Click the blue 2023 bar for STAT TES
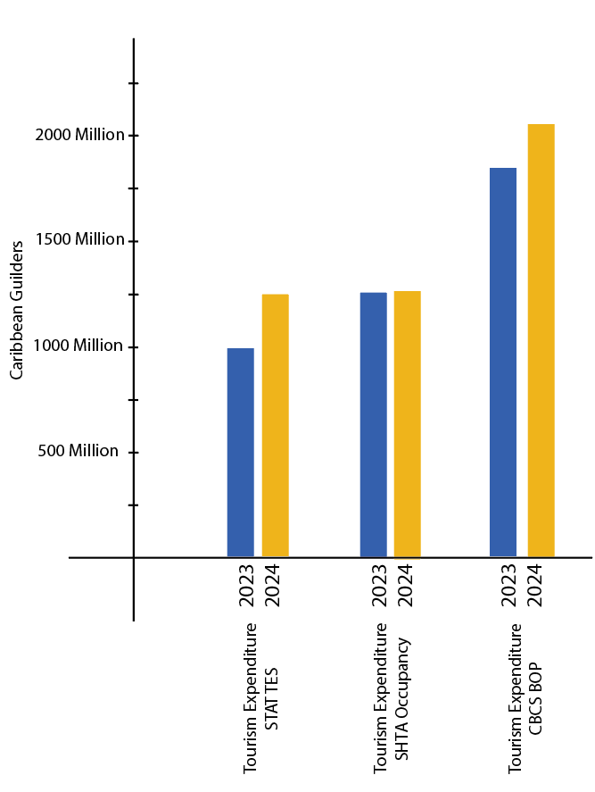240,452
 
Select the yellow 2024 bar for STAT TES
275,425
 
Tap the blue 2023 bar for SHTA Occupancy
373,424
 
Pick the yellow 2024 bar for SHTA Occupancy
407,423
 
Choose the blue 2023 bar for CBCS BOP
503,362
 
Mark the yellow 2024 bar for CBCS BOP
541,340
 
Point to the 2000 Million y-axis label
79,136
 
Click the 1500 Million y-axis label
79,240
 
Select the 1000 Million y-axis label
79,346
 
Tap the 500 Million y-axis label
79,452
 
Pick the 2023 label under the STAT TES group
247,586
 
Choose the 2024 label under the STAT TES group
273,586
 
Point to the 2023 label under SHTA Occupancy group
379,586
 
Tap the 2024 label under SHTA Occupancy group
405,586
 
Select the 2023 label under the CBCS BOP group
510,586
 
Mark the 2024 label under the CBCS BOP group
536,586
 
